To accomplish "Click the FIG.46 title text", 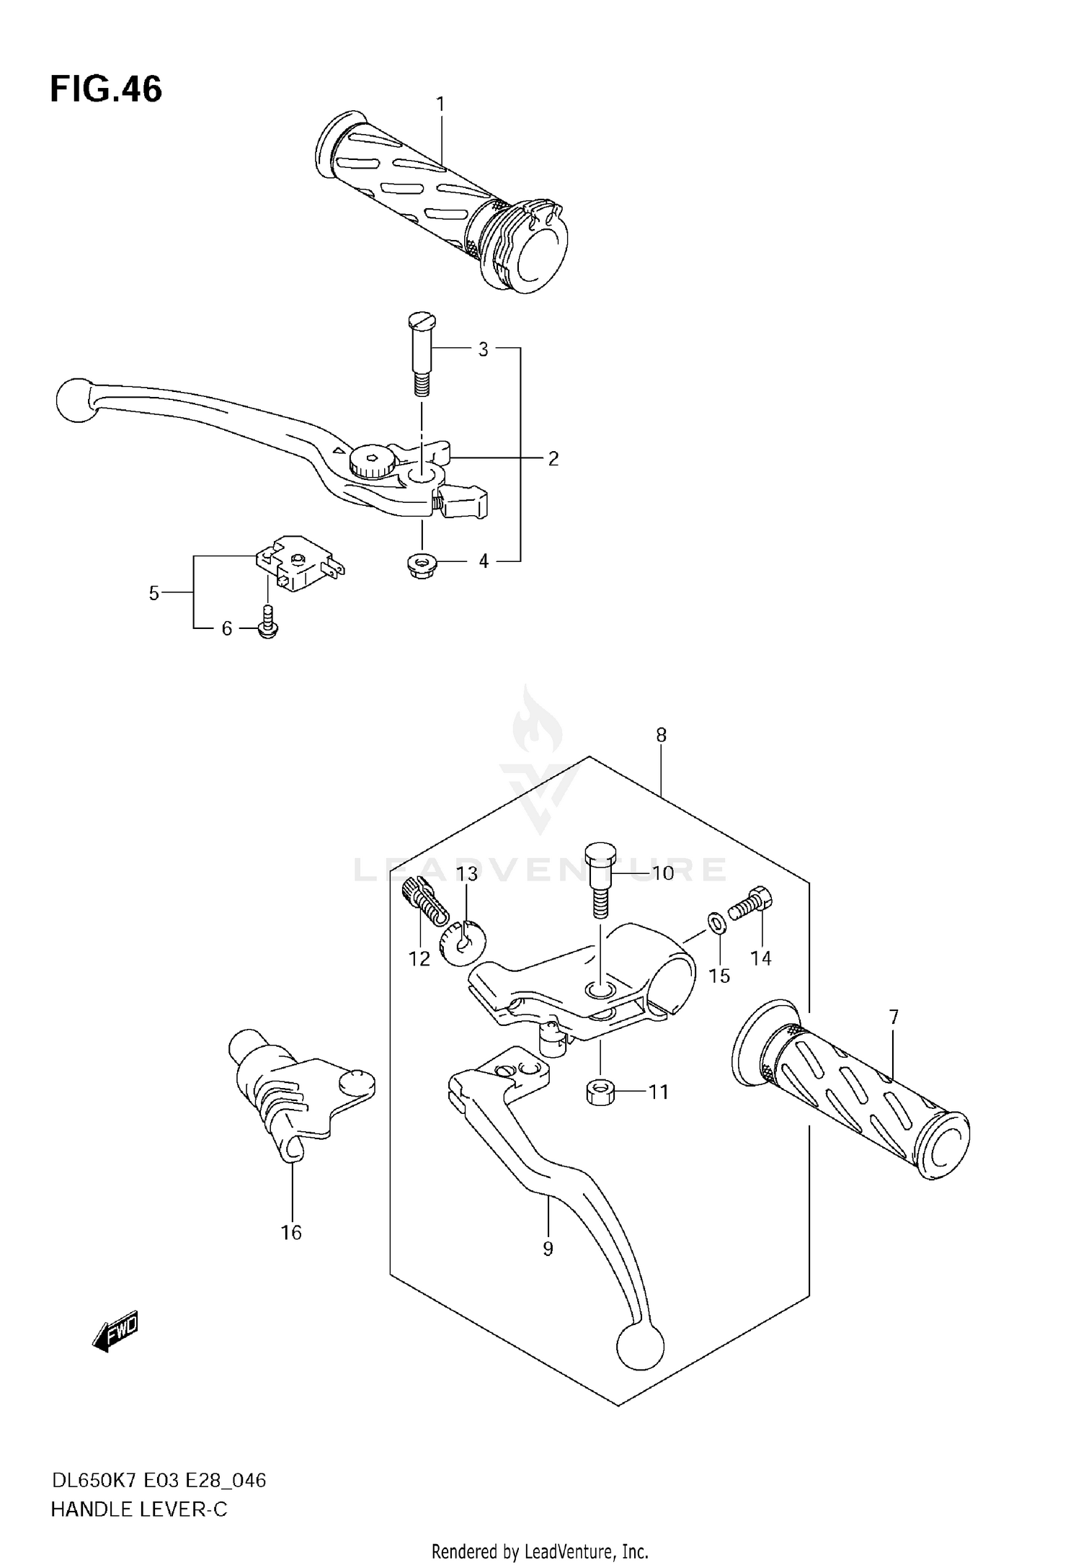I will pyautogui.click(x=106, y=90).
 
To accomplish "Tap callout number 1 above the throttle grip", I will pyautogui.click(x=440, y=104).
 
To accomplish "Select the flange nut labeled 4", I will pyautogui.click(x=422, y=566).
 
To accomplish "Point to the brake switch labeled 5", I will pyautogui.click(x=300, y=563).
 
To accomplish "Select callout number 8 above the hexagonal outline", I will pyautogui.click(x=661, y=735).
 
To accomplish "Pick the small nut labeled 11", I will pyautogui.click(x=600, y=1092).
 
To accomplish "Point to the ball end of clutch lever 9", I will pyautogui.click(x=640, y=1347).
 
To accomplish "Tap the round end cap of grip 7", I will pyautogui.click(x=944, y=1148).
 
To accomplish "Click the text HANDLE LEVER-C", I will pyautogui.click(x=139, y=1510).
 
